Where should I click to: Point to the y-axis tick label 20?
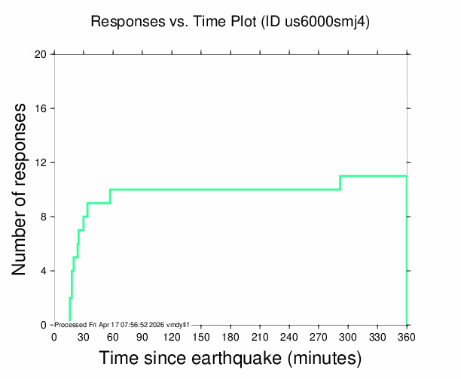point(40,54)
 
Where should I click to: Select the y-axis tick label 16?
point(41,108)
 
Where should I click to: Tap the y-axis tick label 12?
point(41,162)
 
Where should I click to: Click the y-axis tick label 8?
point(44,217)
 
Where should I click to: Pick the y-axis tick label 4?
point(44,271)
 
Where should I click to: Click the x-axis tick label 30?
point(84,337)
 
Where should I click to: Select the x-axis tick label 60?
point(113,337)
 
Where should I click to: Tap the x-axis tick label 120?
point(172,337)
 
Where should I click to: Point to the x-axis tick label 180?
point(230,337)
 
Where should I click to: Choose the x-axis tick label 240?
point(289,337)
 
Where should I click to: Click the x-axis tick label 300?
point(348,337)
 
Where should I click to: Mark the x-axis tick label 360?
point(407,337)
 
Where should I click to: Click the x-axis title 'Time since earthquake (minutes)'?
point(230,359)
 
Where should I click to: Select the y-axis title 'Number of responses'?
point(19,189)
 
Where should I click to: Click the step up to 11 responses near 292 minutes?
point(340,183)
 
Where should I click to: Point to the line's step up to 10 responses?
point(110,196)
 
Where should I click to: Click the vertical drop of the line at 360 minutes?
point(407,250)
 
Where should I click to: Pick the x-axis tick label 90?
point(142,337)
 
